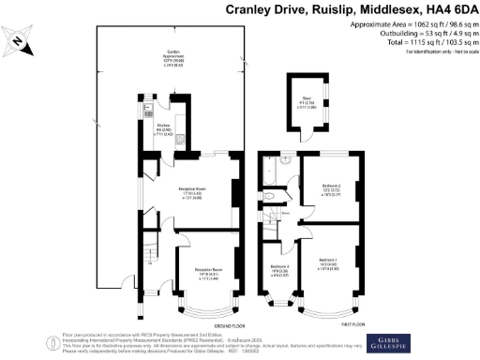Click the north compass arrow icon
[x=19, y=40]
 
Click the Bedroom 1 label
[x=327, y=260]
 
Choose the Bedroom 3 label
[x=278, y=269]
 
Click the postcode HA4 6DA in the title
[x=442, y=10]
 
